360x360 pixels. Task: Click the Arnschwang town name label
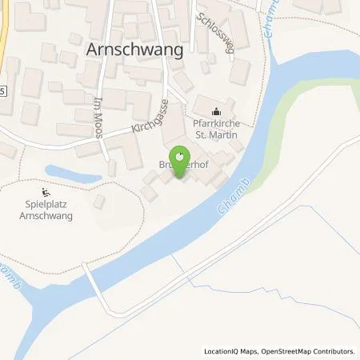[x=134, y=49]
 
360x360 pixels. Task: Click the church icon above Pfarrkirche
[x=214, y=112]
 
